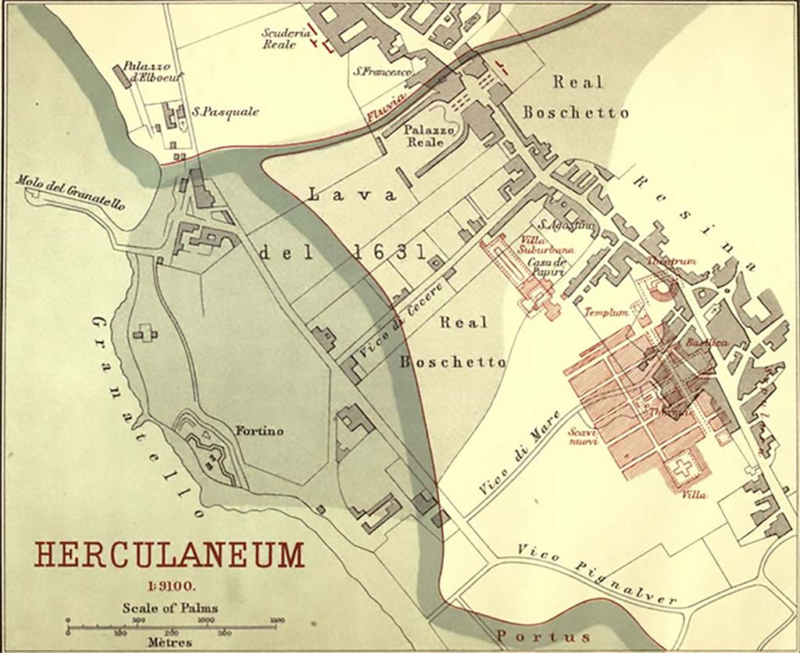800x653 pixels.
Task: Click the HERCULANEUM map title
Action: (169, 555)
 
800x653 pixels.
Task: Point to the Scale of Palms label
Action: (170, 608)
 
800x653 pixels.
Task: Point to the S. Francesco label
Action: (382, 72)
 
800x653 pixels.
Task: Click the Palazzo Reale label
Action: (424, 136)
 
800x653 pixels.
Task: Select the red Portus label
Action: (538, 636)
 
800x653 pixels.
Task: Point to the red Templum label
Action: (607, 312)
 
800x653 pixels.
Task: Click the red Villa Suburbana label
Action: (547, 244)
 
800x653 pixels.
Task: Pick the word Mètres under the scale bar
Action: (169, 642)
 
